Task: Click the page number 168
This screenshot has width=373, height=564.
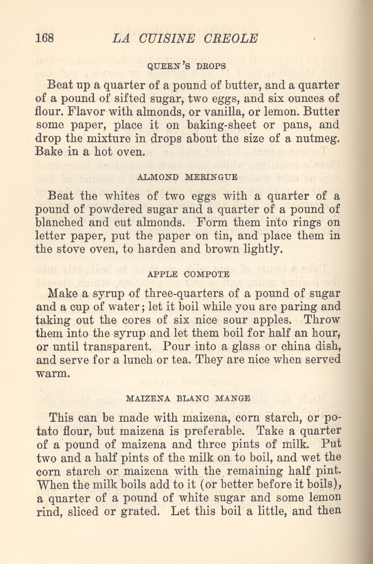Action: click(x=45, y=38)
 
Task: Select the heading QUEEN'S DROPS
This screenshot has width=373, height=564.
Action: click(x=187, y=66)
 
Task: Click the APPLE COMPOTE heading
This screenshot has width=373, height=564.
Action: click(x=188, y=274)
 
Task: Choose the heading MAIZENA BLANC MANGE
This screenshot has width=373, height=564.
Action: click(x=188, y=398)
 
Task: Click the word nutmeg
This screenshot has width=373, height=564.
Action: click(x=317, y=138)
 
